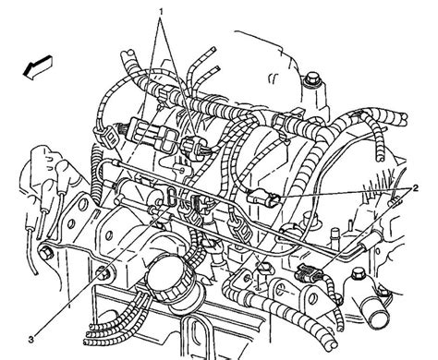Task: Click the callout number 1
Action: click(160, 11)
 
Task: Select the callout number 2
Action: click(415, 188)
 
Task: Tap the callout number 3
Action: click(30, 340)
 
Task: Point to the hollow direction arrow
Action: click(38, 67)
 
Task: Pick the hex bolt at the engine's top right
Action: click(312, 79)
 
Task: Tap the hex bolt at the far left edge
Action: click(46, 253)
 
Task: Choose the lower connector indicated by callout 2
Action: click(308, 271)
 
